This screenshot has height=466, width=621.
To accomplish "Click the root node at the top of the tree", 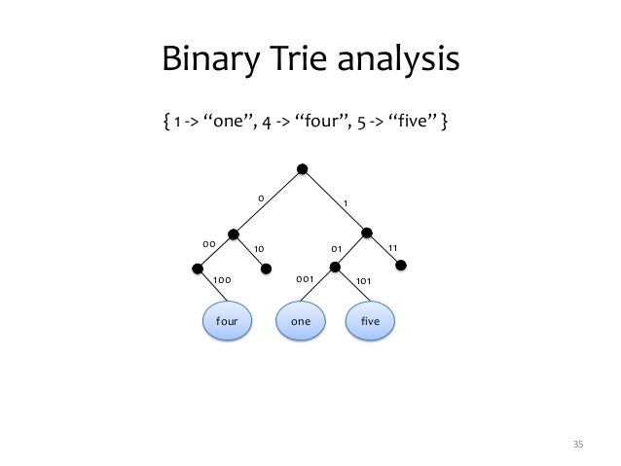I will [303, 169].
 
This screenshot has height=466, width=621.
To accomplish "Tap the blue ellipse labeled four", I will [227, 320].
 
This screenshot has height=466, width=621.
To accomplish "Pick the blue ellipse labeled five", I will [372, 320].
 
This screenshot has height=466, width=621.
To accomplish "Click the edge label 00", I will [207, 243].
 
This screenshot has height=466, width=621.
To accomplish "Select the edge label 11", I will [393, 247].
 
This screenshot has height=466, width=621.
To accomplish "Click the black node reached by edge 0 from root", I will [234, 233].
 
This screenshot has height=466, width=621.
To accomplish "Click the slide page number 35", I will [577, 445].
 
